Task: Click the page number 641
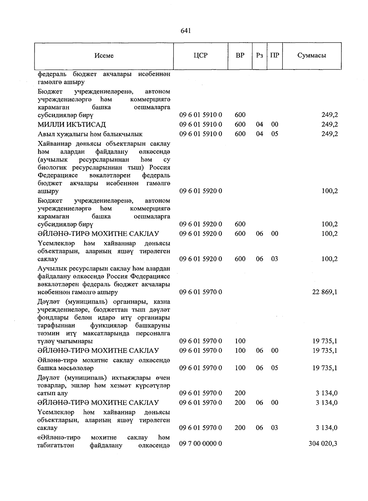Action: [x=186, y=30]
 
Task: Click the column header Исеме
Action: [x=104, y=55]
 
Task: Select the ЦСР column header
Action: [x=201, y=55]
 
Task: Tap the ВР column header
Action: [x=240, y=55]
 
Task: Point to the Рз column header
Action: [x=259, y=55]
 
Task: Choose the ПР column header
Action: [x=274, y=55]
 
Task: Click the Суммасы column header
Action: [x=312, y=55]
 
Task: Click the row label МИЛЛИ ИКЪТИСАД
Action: [x=72, y=124]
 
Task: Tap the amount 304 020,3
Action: [x=323, y=444]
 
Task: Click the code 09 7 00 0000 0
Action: [x=201, y=444]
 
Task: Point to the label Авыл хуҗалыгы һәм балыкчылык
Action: [x=90, y=134]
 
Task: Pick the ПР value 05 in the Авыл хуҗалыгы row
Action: [x=274, y=134]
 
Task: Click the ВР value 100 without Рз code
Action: [x=240, y=341]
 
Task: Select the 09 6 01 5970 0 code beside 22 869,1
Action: [x=201, y=292]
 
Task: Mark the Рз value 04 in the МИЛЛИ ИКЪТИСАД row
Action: [x=259, y=124]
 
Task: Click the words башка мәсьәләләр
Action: [x=66, y=368]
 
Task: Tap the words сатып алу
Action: [x=52, y=393]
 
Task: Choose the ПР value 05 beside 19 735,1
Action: [x=274, y=368]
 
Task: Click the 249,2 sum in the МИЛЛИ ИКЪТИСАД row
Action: [x=330, y=124]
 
